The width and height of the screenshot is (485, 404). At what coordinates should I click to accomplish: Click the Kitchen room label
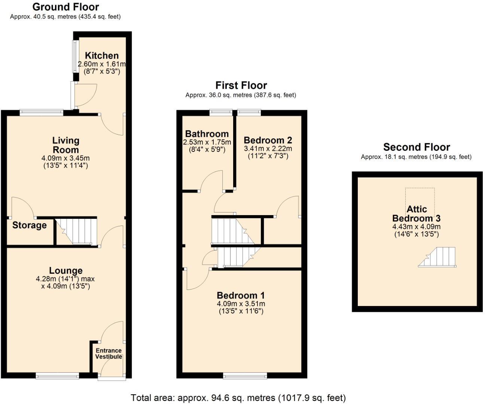(x=101, y=55)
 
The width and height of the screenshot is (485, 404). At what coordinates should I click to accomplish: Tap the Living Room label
(x=65, y=145)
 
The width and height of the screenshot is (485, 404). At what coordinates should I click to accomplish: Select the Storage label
(x=30, y=225)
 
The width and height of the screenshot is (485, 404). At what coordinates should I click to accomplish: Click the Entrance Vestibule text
(x=109, y=353)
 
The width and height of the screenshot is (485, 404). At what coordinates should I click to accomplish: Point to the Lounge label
(x=66, y=270)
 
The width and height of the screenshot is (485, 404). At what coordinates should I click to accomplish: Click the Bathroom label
(x=207, y=134)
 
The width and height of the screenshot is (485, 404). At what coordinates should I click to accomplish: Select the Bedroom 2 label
(x=268, y=140)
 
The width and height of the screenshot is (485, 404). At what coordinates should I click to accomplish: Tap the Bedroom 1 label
(x=241, y=296)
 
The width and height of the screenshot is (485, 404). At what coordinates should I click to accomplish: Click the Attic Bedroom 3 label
(x=416, y=214)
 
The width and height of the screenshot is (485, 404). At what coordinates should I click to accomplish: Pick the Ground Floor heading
(x=65, y=7)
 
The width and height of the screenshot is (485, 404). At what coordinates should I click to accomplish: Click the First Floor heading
(x=241, y=85)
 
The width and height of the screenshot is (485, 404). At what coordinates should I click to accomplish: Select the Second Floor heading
(x=416, y=147)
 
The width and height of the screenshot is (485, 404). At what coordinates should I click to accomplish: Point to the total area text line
(x=238, y=398)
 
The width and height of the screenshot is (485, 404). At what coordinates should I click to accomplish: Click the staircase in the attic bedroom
(x=438, y=257)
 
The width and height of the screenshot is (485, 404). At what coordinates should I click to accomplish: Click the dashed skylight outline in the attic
(x=420, y=196)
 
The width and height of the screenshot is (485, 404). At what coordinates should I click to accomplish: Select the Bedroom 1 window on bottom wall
(x=245, y=375)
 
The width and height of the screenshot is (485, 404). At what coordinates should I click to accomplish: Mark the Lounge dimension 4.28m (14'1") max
(x=65, y=279)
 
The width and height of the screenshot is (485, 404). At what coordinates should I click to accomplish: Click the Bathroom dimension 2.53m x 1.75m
(x=207, y=143)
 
